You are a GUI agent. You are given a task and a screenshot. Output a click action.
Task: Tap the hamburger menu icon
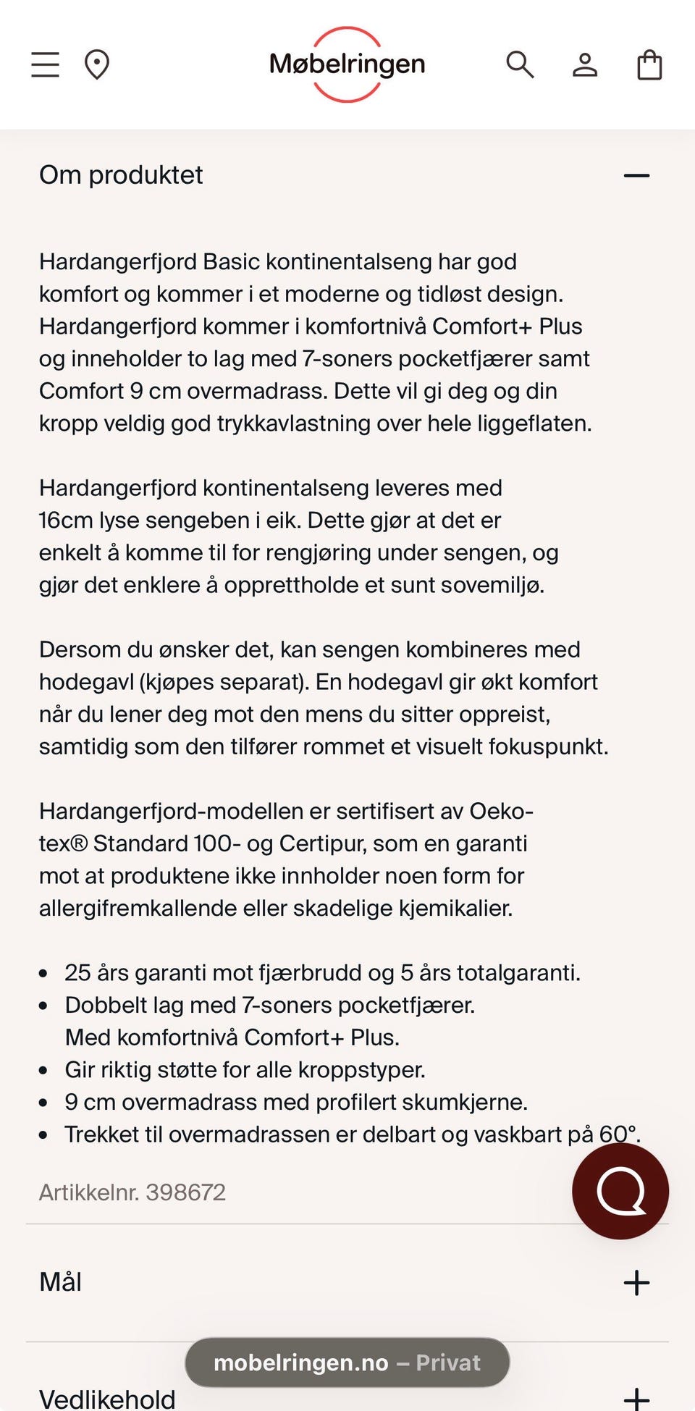click(x=45, y=64)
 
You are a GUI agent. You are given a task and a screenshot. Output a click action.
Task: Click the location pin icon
click(x=96, y=64)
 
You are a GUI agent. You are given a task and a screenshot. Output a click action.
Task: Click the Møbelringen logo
click(x=347, y=64)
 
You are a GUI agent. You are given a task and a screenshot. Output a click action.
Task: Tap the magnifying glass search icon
click(x=519, y=64)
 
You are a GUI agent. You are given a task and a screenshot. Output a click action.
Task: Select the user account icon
click(x=584, y=64)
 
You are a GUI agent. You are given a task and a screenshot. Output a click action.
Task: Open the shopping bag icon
click(x=649, y=64)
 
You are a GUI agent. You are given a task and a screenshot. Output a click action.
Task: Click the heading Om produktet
click(x=121, y=175)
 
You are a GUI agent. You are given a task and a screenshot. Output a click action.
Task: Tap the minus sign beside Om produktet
click(x=636, y=175)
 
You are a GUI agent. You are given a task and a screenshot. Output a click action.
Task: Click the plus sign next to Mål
click(x=636, y=1282)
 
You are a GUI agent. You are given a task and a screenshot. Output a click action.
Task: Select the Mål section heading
click(x=60, y=1282)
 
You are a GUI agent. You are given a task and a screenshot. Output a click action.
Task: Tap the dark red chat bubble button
click(x=620, y=1191)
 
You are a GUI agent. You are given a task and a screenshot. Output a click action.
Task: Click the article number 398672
click(x=186, y=1192)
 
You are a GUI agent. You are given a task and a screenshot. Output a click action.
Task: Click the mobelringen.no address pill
click(x=347, y=1362)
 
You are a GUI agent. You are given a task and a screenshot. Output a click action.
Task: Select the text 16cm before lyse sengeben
click(x=66, y=520)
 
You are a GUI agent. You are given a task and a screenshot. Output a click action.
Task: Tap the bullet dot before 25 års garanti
click(x=43, y=974)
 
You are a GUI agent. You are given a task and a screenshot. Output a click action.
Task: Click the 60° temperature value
click(x=618, y=1134)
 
